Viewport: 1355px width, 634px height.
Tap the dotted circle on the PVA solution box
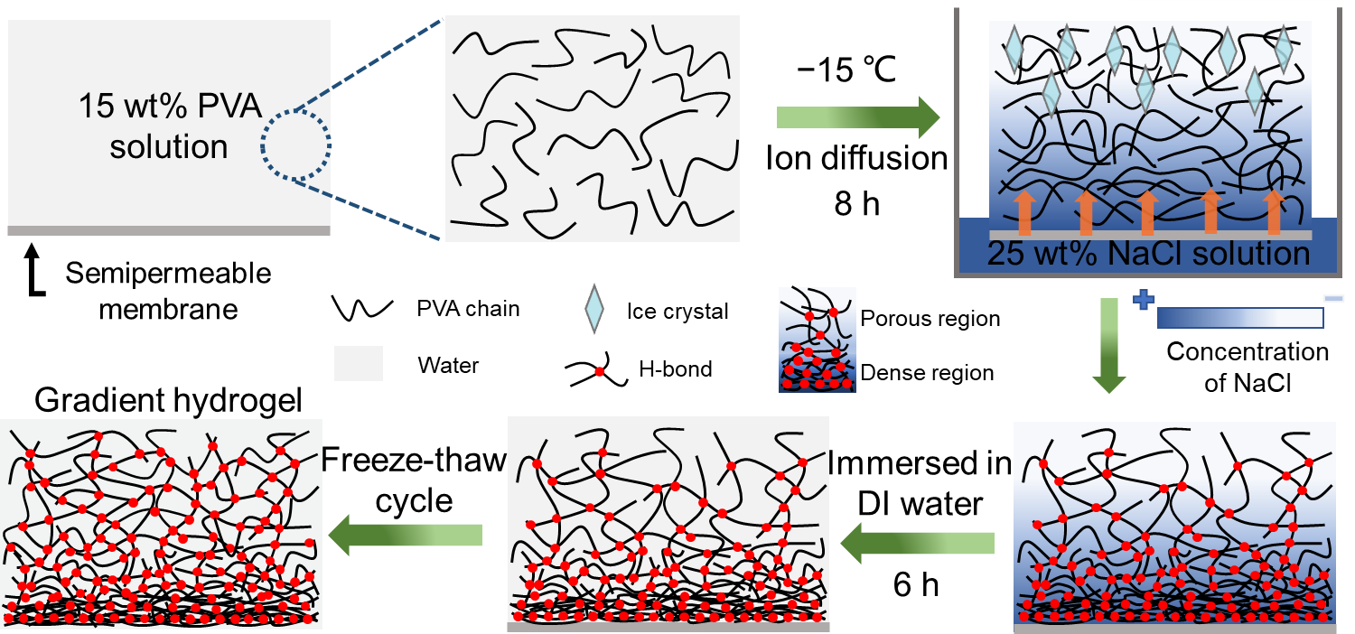(296, 144)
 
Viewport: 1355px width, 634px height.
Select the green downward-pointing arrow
(1108, 347)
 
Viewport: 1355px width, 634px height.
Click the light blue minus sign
(1333, 298)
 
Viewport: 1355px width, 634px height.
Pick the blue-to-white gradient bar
(1239, 318)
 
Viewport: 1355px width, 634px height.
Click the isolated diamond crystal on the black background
(593, 309)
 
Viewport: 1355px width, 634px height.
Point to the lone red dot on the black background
(599, 371)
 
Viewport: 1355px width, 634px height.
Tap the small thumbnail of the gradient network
(817, 340)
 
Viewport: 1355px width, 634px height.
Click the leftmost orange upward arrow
(1023, 212)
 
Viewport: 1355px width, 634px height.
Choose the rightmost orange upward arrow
(1274, 212)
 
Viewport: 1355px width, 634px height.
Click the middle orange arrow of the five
(1147, 212)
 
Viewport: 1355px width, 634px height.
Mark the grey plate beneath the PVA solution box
(169, 230)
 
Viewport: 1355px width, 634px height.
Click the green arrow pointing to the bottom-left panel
(405, 536)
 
